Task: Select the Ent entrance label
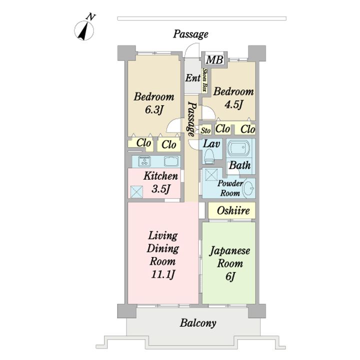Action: click(x=192, y=78)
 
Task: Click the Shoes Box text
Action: click(x=204, y=80)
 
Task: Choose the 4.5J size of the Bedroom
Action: click(x=234, y=104)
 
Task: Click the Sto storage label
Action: click(x=206, y=130)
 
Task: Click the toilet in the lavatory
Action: click(x=209, y=156)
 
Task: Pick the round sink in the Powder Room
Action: click(x=248, y=188)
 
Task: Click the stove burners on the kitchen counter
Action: click(x=145, y=161)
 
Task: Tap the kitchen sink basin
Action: click(x=171, y=161)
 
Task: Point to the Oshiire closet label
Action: click(x=233, y=210)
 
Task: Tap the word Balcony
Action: click(x=198, y=323)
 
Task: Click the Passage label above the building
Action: click(x=190, y=34)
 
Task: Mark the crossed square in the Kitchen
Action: click(x=136, y=191)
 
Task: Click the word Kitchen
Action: click(x=160, y=176)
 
